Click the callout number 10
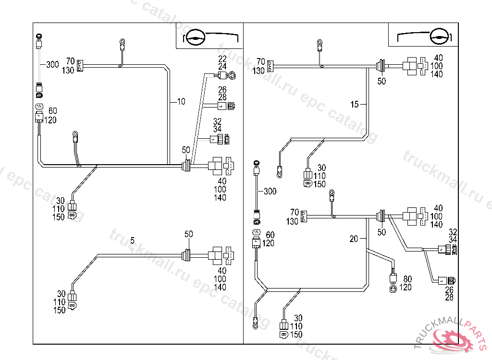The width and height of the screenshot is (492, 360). (x=181, y=101)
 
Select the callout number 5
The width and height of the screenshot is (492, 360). (x=133, y=240)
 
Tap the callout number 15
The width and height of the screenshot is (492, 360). (x=355, y=104)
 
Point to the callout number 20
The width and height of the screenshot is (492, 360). (x=354, y=239)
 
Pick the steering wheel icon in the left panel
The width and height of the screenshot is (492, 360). (x=195, y=37)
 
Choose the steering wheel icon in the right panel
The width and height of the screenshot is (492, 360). (x=441, y=37)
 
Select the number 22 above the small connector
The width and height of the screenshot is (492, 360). (x=222, y=59)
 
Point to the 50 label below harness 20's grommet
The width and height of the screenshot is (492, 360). (x=381, y=232)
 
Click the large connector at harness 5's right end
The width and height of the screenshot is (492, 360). (x=220, y=256)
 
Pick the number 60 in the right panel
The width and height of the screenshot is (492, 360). (x=270, y=235)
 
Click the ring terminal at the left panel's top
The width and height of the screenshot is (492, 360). (x=123, y=43)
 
